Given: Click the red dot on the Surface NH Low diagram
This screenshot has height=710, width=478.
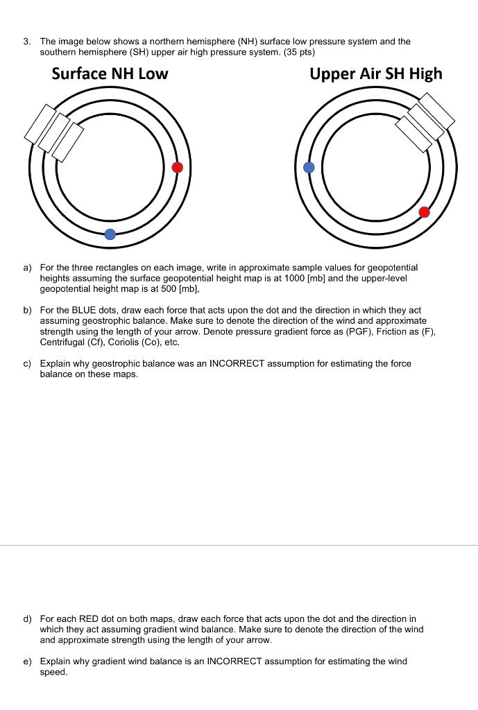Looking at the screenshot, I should pyautogui.click(x=178, y=167).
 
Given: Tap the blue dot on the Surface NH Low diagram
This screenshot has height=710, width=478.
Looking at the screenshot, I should pyautogui.click(x=110, y=234).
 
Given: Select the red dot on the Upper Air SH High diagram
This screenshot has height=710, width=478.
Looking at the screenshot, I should pyautogui.click(x=425, y=212).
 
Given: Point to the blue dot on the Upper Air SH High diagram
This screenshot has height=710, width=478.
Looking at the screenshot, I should pyautogui.click(x=309, y=167).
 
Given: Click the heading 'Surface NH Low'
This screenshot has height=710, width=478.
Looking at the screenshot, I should pyautogui.click(x=110, y=74).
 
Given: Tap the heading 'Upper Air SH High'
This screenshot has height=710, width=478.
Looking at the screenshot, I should pyautogui.click(x=375, y=74).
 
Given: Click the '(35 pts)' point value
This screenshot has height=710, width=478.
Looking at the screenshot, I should pyautogui.click(x=299, y=52).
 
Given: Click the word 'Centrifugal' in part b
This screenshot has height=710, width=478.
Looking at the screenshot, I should pyautogui.click(x=62, y=343).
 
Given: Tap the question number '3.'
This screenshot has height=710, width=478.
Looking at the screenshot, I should pyautogui.click(x=26, y=42).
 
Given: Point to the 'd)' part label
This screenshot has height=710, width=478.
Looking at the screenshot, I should pyautogui.click(x=27, y=618).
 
